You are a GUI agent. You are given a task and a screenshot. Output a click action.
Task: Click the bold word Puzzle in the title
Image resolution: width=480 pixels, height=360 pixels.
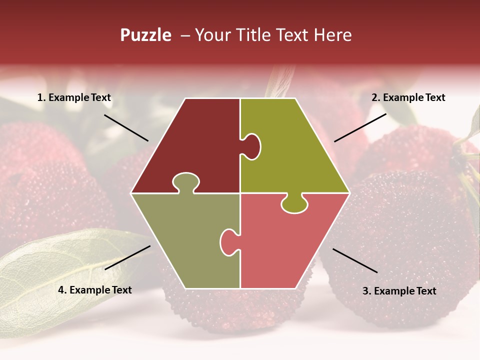(145, 35)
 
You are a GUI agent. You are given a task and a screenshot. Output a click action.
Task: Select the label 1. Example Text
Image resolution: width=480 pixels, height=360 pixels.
(74, 98)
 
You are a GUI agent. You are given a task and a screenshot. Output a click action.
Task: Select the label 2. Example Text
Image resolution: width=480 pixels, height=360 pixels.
(408, 98)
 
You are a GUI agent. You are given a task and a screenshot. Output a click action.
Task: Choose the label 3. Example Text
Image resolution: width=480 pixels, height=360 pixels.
(399, 291)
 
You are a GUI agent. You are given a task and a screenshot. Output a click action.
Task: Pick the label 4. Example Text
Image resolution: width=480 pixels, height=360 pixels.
(95, 290)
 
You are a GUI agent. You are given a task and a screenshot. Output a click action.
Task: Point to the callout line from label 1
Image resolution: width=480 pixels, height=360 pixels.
(126, 127)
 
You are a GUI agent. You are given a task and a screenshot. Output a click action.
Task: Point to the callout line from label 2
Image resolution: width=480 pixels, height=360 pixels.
(360, 127)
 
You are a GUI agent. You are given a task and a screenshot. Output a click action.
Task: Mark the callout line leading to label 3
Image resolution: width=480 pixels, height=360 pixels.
(355, 260)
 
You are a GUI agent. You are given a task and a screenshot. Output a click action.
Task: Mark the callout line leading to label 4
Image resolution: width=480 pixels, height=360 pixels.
(127, 257)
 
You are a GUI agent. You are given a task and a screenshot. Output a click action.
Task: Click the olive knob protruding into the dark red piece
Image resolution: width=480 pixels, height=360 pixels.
(186, 182)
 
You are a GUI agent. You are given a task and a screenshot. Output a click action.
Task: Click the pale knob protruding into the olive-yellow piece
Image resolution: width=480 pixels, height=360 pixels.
(251, 146)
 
